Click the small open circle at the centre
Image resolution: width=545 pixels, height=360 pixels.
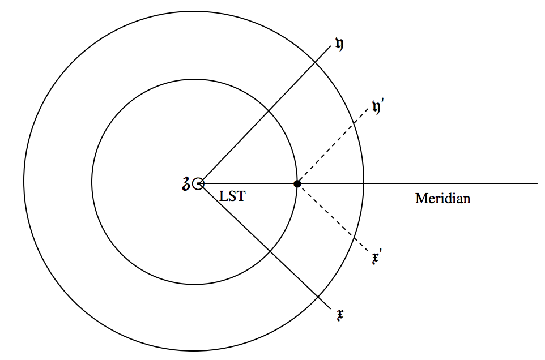tap(198, 183)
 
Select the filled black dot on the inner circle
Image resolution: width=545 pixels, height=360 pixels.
tap(297, 183)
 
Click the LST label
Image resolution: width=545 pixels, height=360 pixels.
tap(232, 197)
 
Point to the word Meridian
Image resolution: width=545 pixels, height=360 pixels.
tap(442, 199)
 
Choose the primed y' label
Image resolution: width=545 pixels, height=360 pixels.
tap(378, 106)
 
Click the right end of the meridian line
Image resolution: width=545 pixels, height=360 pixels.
tap(536, 183)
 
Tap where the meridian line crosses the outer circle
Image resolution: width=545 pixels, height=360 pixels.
tap(363, 183)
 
